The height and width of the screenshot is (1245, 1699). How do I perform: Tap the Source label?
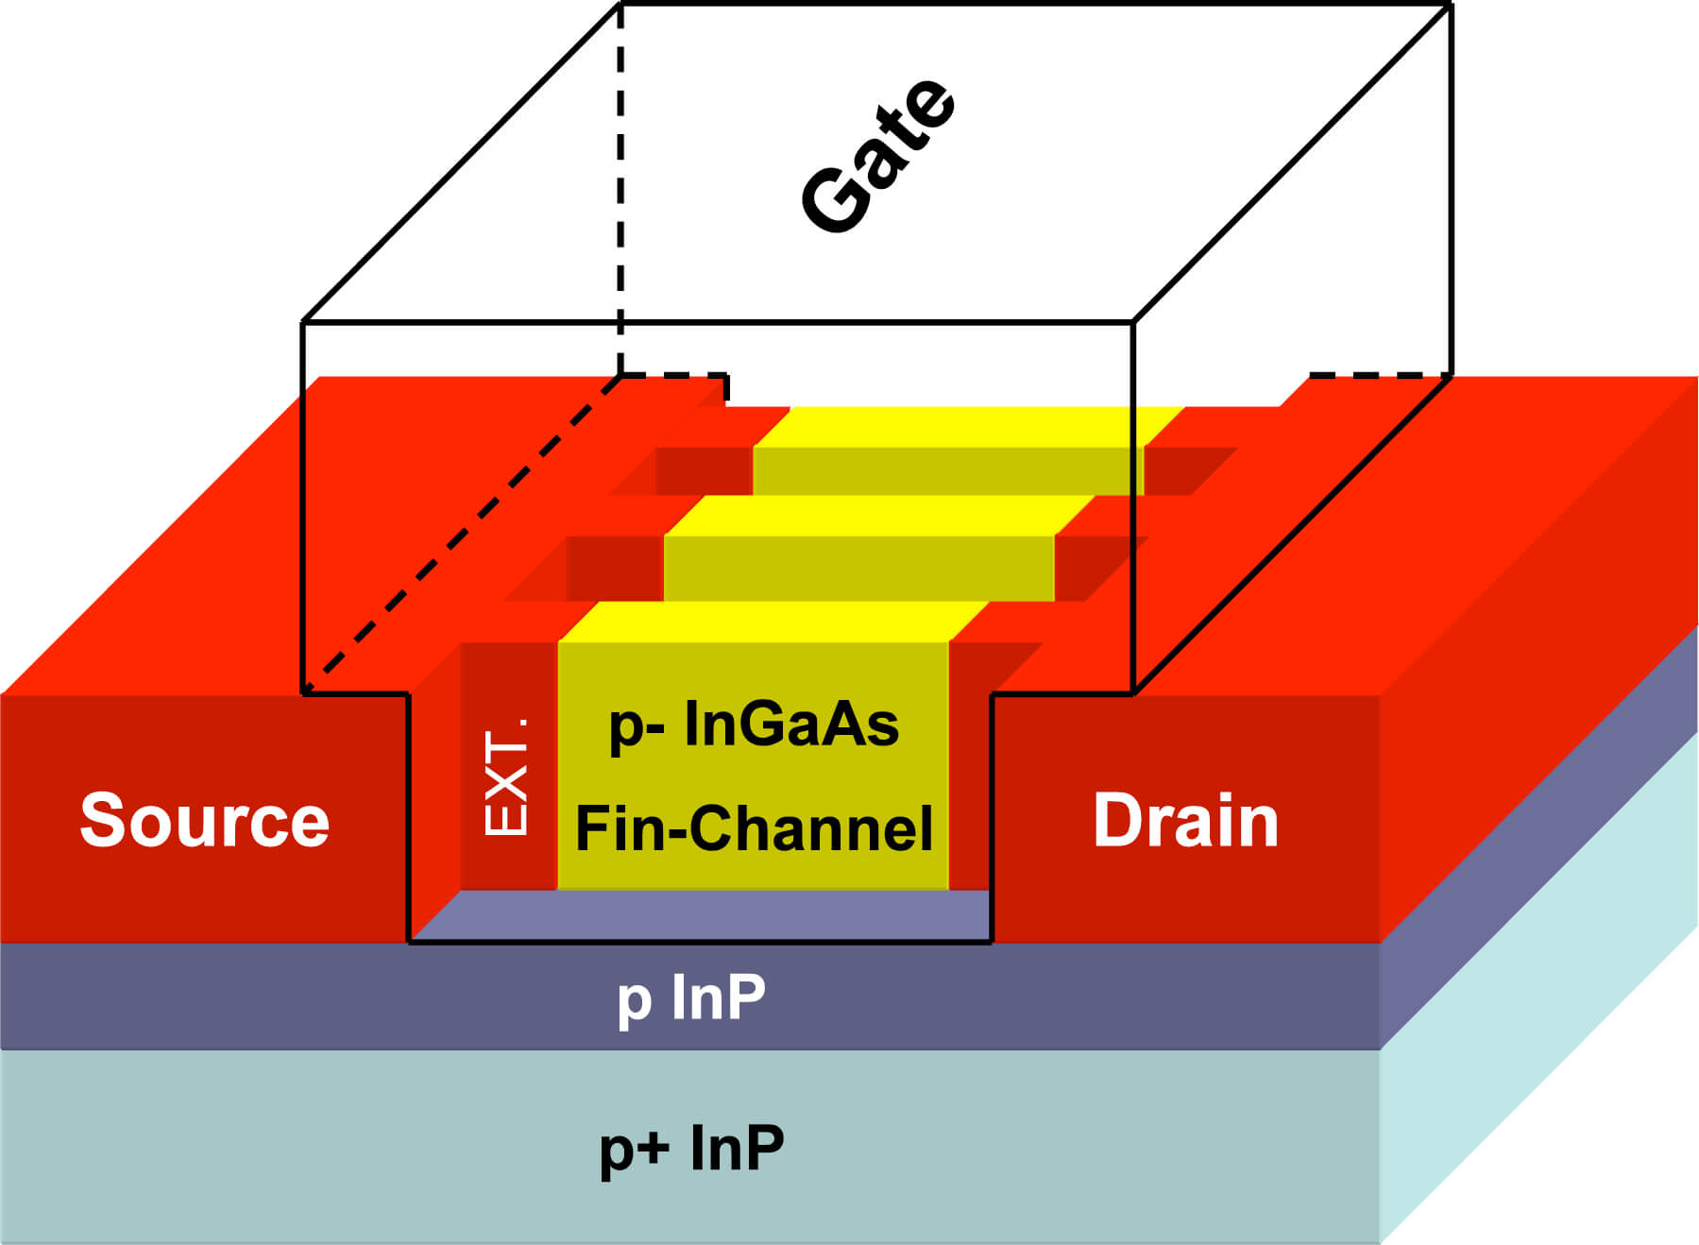[x=204, y=820]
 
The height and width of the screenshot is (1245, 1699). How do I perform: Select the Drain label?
[x=1185, y=820]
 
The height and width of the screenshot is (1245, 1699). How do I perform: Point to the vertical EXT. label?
[x=506, y=776]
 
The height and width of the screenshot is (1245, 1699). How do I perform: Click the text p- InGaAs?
[x=754, y=725]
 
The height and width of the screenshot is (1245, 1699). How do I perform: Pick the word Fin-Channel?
[x=754, y=828]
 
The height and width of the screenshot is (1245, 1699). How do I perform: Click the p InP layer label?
[x=691, y=998]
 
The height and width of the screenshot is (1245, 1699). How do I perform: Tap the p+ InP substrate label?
[x=691, y=1148]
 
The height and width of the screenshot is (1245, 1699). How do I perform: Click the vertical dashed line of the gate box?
[x=620, y=189]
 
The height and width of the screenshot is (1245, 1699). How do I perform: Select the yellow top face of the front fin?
[x=774, y=621]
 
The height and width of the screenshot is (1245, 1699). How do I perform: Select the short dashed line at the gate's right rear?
[x=1379, y=376]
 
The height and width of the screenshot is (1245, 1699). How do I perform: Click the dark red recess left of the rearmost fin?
[x=704, y=469]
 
